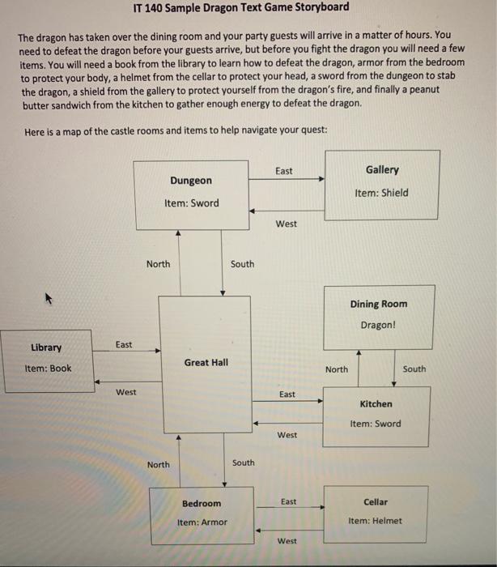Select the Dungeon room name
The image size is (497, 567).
(191, 181)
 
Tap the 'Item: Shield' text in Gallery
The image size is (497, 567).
(381, 193)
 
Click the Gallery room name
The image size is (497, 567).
(382, 170)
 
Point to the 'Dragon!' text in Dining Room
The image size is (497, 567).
(378, 325)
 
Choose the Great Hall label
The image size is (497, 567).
(206, 362)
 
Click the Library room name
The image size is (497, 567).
(46, 347)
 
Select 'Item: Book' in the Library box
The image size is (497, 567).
(49, 368)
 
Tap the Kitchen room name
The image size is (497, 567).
(376, 403)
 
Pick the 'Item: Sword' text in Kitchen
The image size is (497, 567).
(375, 424)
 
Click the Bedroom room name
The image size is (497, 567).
(202, 503)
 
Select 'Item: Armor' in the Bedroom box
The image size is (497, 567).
(202, 522)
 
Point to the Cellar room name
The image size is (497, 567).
(376, 502)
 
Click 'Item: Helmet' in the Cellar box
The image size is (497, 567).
(375, 521)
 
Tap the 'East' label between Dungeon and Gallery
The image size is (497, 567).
(284, 171)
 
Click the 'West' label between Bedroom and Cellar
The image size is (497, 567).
(287, 540)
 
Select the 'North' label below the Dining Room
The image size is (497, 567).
(337, 369)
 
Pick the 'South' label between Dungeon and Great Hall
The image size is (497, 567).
(242, 264)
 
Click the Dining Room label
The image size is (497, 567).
(379, 305)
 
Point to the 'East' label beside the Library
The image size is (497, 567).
(124, 345)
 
